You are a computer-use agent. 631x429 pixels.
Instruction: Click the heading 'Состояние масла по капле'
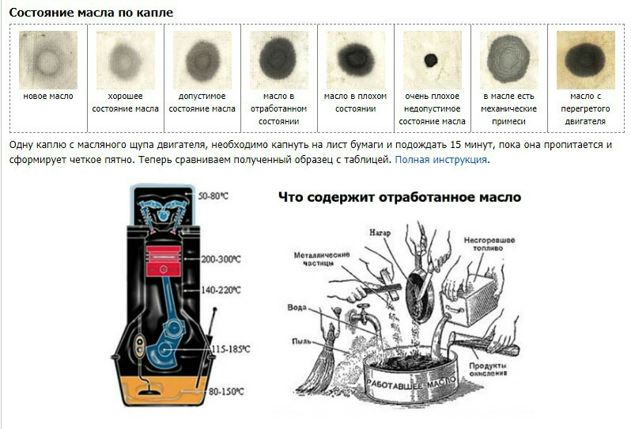[x=91, y=13]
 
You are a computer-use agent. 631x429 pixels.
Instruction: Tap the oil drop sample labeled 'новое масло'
[x=47, y=59]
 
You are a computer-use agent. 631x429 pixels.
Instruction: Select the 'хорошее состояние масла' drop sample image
[x=123, y=59]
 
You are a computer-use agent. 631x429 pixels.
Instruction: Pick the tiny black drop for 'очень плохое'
[x=432, y=59]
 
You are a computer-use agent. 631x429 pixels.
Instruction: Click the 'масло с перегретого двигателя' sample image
[x=586, y=59]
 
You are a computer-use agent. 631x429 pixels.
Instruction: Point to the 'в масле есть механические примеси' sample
[x=508, y=59]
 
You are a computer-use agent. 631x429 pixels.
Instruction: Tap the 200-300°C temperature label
[x=222, y=259]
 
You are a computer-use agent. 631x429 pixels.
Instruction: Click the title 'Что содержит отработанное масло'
[x=399, y=197]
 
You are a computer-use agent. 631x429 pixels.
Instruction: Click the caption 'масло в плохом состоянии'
[x=355, y=102]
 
